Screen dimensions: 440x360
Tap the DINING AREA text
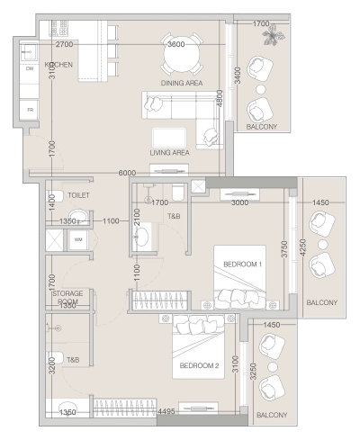[x=183, y=83]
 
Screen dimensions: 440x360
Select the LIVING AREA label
[x=170, y=153]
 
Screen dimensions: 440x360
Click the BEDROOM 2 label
[x=201, y=365]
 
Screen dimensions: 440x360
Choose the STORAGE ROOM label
[x=67, y=297]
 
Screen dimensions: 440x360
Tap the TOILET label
[x=79, y=194]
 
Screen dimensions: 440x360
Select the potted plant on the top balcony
[x=269, y=34]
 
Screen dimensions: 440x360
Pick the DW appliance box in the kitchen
[x=30, y=68]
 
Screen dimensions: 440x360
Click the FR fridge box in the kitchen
[x=30, y=109]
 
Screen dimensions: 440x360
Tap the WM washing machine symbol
[x=78, y=239]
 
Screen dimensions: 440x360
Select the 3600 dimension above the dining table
[x=176, y=43]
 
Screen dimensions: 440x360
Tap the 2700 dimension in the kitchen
[x=65, y=43]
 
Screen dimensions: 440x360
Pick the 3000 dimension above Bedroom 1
[x=240, y=203]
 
